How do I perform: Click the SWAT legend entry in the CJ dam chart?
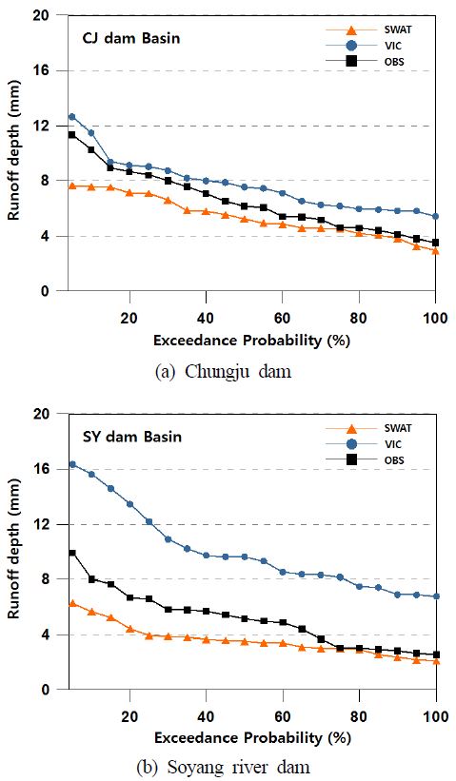[367, 29]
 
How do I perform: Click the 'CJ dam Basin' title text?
[131, 38]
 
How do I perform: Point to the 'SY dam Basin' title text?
[131, 437]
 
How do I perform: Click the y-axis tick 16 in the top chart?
[48, 70]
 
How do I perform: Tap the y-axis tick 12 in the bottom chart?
[48, 524]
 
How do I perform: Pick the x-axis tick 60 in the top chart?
[283, 318]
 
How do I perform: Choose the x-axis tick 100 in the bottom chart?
[436, 716]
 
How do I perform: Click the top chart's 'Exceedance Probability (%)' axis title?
[251, 341]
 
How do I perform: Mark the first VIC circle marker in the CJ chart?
[72, 117]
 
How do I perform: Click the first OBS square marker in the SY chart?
[72, 553]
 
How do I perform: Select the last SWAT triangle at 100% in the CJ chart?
[436, 251]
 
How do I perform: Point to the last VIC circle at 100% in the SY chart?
[436, 596]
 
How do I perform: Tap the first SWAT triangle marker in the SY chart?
[72, 603]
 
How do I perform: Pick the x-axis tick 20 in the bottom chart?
[129, 716]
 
